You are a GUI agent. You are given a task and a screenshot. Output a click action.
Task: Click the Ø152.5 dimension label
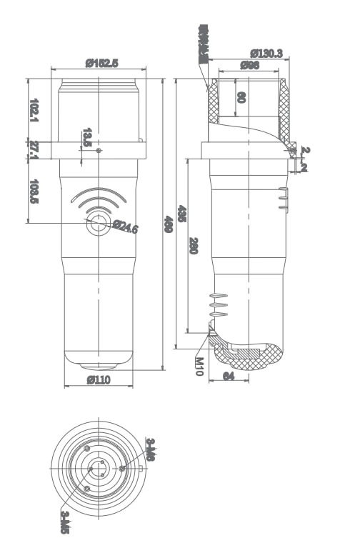coord(99,63)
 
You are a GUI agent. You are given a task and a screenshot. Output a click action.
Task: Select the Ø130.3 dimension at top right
coord(266,53)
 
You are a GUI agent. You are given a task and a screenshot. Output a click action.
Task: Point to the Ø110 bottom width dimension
coord(99,380)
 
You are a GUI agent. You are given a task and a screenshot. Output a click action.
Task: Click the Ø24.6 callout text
coord(126,227)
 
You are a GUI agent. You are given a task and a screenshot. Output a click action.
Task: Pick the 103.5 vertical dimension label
coord(34,191)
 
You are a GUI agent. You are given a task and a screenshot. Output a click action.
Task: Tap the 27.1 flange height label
coord(34,150)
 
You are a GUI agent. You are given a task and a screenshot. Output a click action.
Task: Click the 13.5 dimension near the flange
coord(87,137)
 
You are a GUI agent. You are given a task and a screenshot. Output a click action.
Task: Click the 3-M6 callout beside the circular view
coord(151,449)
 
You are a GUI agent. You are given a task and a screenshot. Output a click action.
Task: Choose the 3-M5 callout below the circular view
coord(64,522)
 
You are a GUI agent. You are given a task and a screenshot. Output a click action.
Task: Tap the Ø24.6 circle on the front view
coord(98,224)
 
